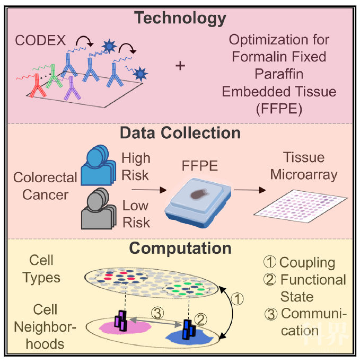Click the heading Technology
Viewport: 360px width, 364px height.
180,19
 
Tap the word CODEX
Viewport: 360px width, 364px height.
40,40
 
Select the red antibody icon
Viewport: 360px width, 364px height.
37,85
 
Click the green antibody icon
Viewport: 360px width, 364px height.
54,76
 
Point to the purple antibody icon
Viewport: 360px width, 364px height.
72,88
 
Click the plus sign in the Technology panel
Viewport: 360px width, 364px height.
180,66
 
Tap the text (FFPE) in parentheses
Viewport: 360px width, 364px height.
279,109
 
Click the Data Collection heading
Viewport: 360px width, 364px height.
180,133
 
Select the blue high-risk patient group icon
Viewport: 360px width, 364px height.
99,165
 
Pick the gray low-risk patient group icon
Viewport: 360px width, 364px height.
99,208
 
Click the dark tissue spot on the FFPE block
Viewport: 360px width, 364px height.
199,194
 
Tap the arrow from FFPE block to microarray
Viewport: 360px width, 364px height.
250,190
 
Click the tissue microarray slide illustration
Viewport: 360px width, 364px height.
300,206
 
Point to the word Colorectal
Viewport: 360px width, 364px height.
45,177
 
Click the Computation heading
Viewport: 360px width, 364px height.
180,248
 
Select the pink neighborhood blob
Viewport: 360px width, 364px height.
125,327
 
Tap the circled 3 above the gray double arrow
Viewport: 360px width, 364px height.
157,313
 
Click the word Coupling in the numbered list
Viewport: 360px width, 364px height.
307,263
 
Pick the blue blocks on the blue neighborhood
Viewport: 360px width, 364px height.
189,330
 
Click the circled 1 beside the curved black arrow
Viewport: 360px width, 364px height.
237,299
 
